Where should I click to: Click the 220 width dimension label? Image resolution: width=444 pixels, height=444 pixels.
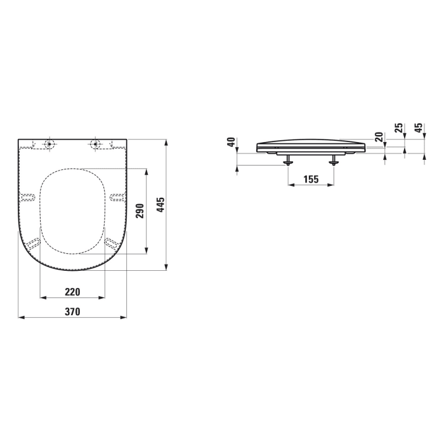point(72,292)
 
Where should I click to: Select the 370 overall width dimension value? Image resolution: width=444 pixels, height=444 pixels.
point(72,312)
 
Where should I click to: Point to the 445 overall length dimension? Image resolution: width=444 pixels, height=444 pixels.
point(160,204)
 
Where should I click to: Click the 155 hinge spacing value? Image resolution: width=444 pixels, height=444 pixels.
point(310,180)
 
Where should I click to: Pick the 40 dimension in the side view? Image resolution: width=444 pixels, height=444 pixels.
point(233,142)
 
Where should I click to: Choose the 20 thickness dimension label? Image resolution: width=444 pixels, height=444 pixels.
point(379,136)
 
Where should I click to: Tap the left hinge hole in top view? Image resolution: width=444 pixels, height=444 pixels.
point(49,144)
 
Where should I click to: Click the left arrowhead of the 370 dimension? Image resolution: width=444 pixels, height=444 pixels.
point(21,317)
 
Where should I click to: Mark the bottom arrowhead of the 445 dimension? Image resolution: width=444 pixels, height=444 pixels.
point(166,267)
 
